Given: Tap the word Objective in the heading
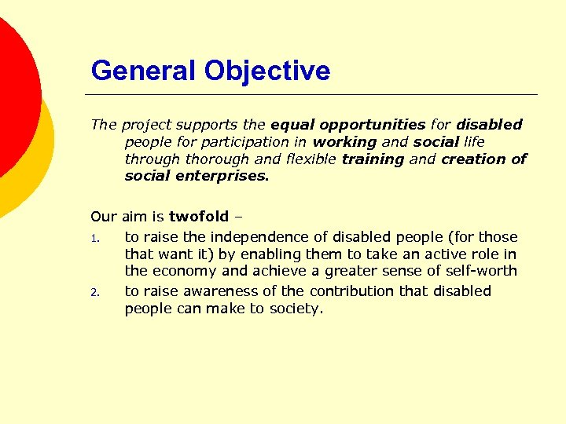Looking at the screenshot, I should coord(267,71).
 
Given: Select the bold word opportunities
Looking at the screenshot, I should coord(347,124).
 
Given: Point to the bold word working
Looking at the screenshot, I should coord(344,141).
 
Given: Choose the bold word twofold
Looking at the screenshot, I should coord(199,217).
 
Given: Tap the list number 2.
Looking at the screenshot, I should coord(94,292).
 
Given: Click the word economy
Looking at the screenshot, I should coord(188,272).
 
